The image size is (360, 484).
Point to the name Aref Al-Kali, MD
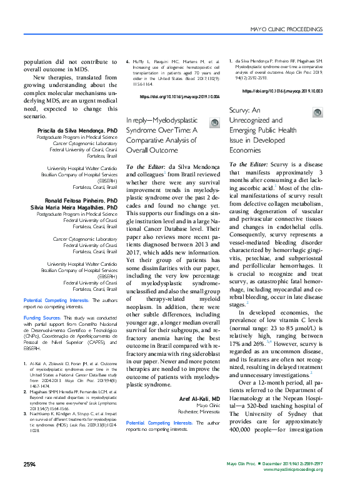point(198,381)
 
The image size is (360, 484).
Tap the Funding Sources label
point(42,318)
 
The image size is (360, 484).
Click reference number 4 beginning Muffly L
point(129,63)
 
